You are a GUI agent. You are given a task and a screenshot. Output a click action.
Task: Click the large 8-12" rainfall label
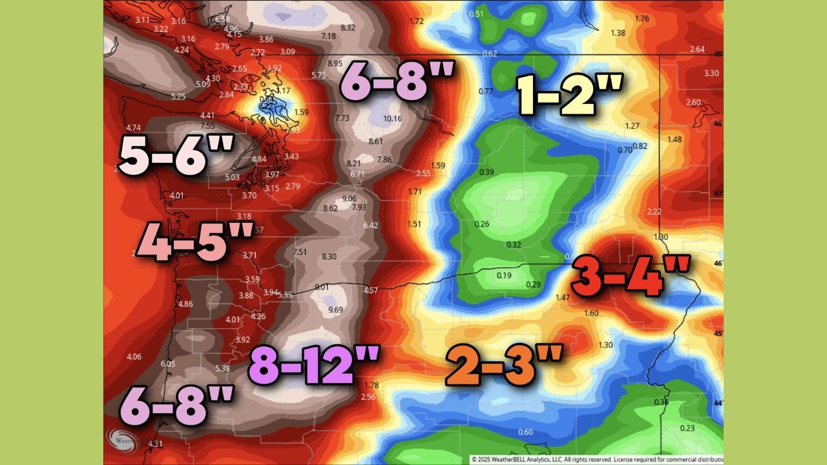pos(314,365)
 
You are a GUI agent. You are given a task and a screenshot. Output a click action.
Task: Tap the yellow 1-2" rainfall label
pos(570,94)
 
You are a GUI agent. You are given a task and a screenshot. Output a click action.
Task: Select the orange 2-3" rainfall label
pos(505,365)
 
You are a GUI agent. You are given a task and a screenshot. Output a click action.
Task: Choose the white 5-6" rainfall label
pos(176,154)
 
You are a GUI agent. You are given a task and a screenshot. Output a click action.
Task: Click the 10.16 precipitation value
pos(392,119)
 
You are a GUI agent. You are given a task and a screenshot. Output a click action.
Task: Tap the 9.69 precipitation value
pos(336,311)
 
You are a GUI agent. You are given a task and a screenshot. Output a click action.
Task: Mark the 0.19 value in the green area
pos(504,276)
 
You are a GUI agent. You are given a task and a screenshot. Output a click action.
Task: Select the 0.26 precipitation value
pos(482,224)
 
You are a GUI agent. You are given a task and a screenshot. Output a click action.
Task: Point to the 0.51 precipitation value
pos(477,14)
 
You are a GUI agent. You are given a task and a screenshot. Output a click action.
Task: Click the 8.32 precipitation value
pos(348,28)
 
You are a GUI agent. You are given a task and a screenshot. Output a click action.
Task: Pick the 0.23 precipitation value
pos(688,429)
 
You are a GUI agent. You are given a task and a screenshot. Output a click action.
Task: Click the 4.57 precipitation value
pos(371,291)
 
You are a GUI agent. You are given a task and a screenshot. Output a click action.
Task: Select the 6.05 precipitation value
pos(168,364)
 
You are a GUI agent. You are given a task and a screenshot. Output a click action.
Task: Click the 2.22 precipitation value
pos(654,212)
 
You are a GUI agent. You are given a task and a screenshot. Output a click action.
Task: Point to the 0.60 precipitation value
pos(526,432)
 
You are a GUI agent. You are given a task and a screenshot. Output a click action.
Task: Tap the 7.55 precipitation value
pos(207,126)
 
